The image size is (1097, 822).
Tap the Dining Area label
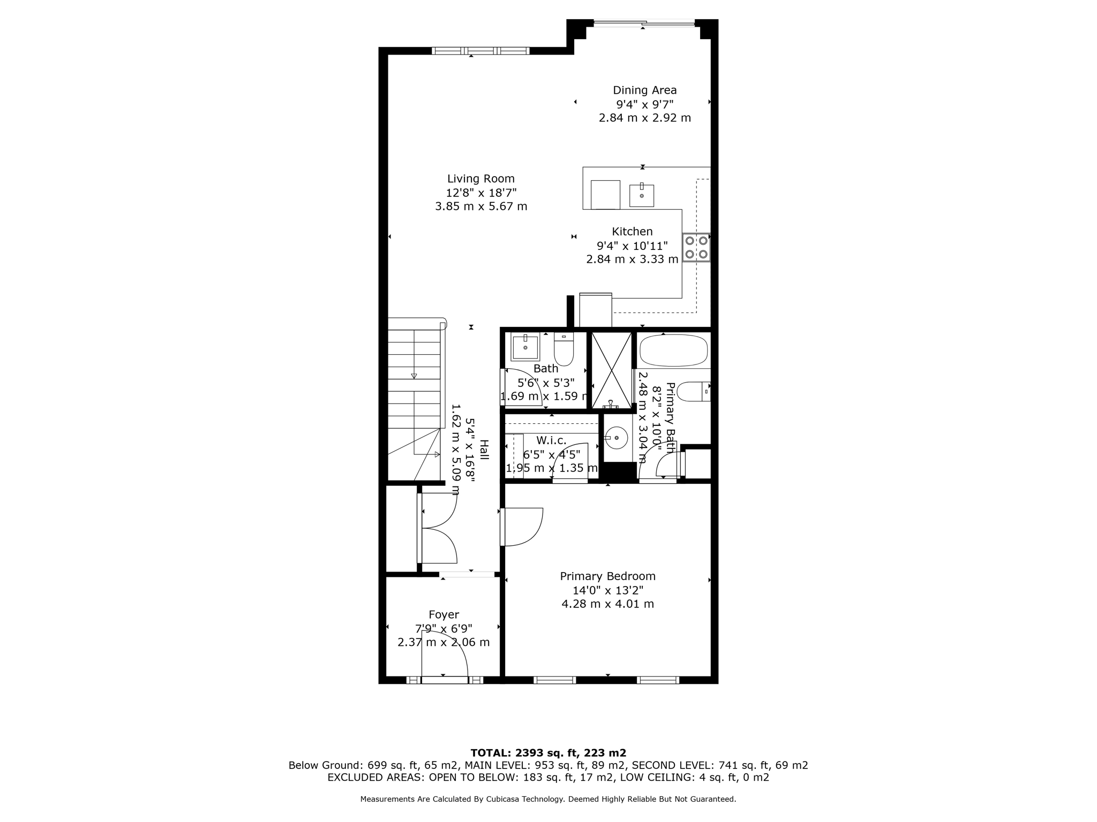click(x=644, y=90)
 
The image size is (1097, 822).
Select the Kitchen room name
click(x=632, y=232)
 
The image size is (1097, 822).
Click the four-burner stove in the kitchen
click(x=696, y=247)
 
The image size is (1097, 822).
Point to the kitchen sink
click(x=641, y=195)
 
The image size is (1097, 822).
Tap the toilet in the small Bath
click(x=563, y=348)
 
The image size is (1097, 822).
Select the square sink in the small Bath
click(x=525, y=347)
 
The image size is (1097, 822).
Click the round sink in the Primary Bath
click(x=616, y=438)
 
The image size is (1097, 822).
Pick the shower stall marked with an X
click(x=611, y=370)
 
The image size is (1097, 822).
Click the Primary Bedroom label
click(x=607, y=576)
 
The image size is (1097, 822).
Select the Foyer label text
click(x=444, y=615)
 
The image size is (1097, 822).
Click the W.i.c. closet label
click(x=551, y=440)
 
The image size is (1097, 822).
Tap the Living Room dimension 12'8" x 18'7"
click(x=481, y=193)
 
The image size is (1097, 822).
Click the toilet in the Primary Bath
click(x=693, y=392)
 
